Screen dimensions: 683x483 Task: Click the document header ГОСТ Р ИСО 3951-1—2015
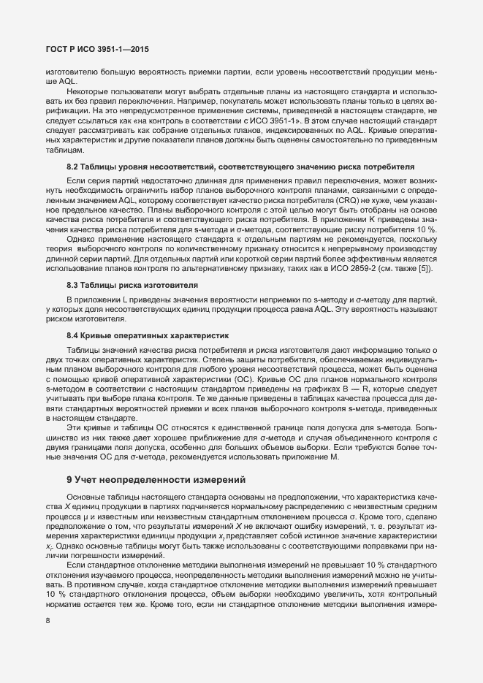[x=88, y=49]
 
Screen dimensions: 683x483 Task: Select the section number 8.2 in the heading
[x=73, y=167]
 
